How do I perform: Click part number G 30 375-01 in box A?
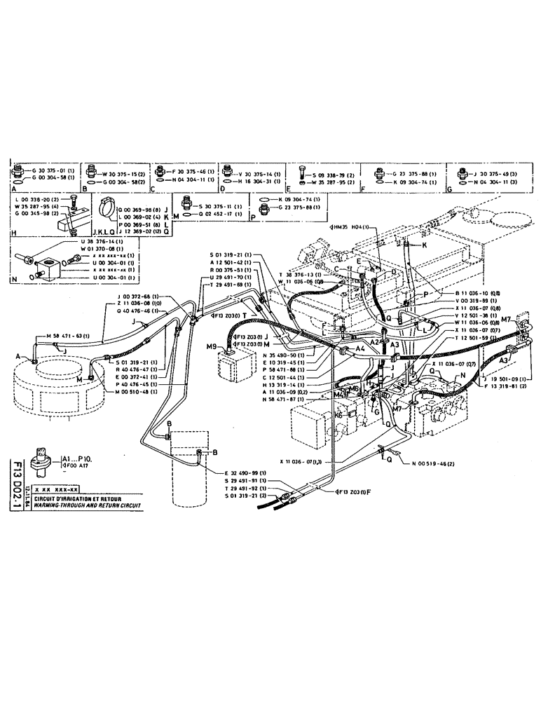tap(47, 170)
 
